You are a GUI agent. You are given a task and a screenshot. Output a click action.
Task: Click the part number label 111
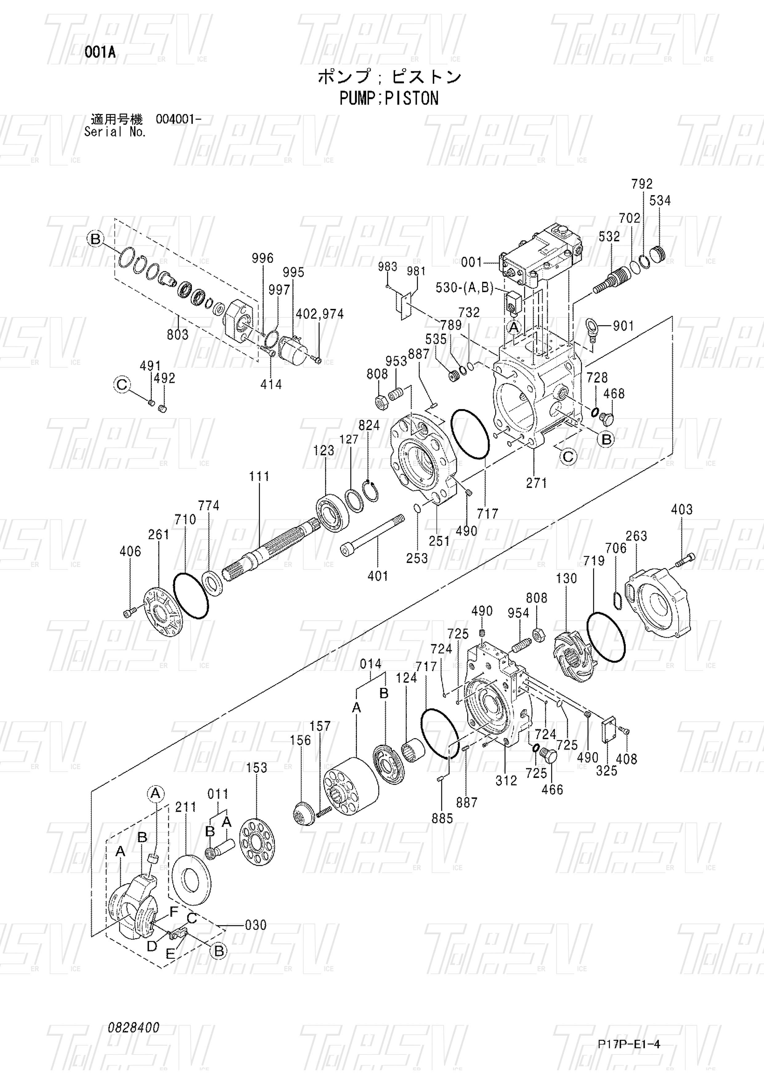click(259, 476)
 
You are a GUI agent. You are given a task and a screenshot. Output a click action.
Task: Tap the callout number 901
click(624, 326)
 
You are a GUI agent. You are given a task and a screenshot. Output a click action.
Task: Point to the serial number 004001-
click(178, 119)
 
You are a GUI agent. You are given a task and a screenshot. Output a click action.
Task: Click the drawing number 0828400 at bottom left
click(134, 1027)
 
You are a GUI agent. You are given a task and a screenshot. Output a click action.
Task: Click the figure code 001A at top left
click(100, 53)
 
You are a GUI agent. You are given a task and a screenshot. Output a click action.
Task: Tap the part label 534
click(660, 201)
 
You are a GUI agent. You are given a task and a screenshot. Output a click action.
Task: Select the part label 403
click(682, 509)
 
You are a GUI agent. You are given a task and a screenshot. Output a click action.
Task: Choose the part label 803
click(177, 335)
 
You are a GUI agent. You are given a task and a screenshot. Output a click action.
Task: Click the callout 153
click(257, 768)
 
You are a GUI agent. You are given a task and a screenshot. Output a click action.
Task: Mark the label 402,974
click(320, 314)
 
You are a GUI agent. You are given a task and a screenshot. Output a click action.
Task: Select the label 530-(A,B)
click(464, 288)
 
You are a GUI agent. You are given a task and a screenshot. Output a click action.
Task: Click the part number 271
click(537, 483)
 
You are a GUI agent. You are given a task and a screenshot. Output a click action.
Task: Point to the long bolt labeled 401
click(372, 534)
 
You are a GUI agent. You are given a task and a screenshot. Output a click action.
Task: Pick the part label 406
click(130, 551)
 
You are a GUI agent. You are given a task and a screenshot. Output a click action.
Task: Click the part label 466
click(552, 789)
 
